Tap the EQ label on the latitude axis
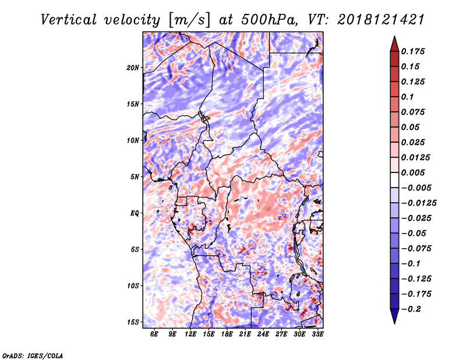coord(135,213)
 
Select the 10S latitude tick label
coord(133,285)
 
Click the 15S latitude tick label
coord(133,322)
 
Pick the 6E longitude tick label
coord(154,334)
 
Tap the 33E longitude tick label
coord(317,334)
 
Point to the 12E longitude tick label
coord(190,334)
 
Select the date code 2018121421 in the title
coord(373,20)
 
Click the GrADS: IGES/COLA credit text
coord(32,355)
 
